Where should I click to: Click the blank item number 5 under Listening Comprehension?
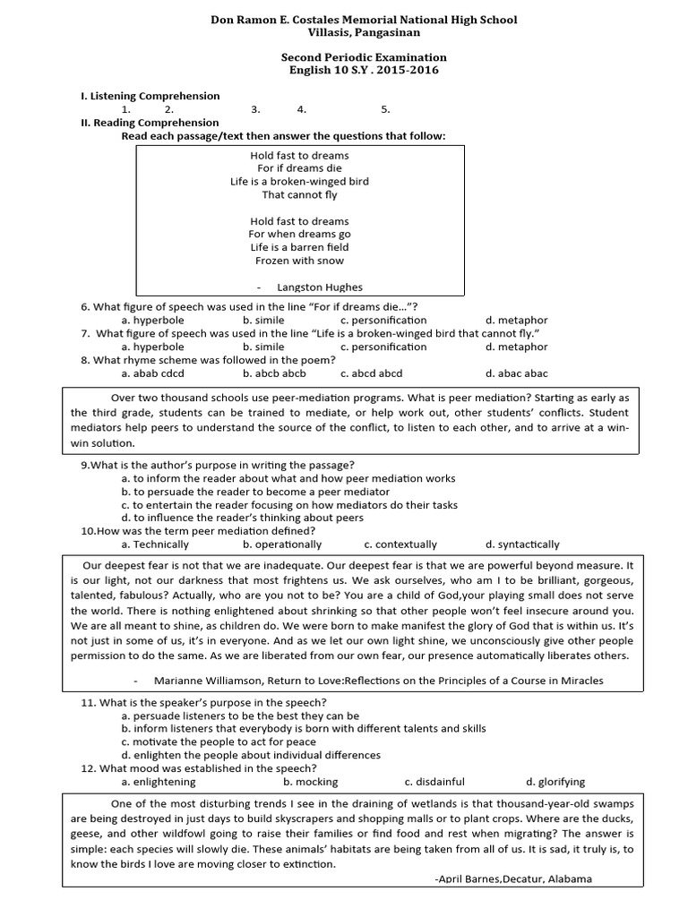[385, 109]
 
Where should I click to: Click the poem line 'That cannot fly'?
[299, 194]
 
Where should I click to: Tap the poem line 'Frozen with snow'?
[299, 261]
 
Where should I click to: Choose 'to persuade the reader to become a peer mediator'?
[255, 492]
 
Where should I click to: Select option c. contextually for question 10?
[400, 544]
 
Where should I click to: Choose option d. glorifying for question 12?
[555, 781]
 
